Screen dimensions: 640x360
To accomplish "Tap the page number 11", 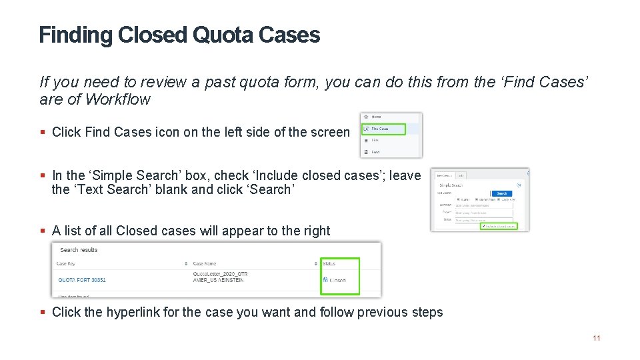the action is pos(596,338).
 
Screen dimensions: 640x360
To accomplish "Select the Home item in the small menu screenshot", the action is pos(376,117).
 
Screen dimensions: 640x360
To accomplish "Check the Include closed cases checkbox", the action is pos(483,226).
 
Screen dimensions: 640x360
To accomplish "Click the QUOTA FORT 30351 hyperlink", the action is pos(82,280).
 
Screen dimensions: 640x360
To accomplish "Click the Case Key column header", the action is pos(66,264).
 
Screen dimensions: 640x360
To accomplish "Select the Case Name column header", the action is pos(205,264).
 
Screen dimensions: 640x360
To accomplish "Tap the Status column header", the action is pos(329,264).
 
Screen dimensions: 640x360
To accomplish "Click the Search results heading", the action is pos(79,250).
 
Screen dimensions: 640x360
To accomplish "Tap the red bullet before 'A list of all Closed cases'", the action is pos(43,231).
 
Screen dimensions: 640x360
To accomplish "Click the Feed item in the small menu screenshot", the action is pos(375,152).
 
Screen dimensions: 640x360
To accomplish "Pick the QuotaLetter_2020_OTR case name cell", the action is pos(220,273).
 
